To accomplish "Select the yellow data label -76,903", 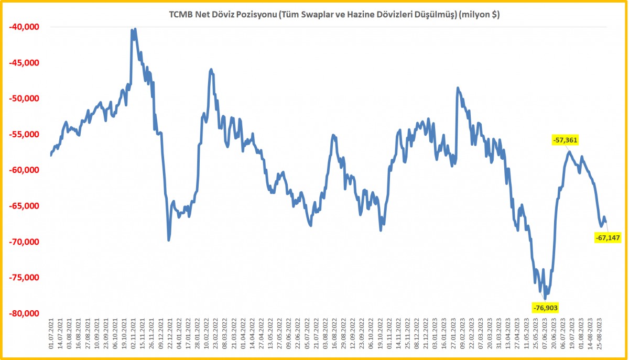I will pos(545,307).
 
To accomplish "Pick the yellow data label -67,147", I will pos(608,238).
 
